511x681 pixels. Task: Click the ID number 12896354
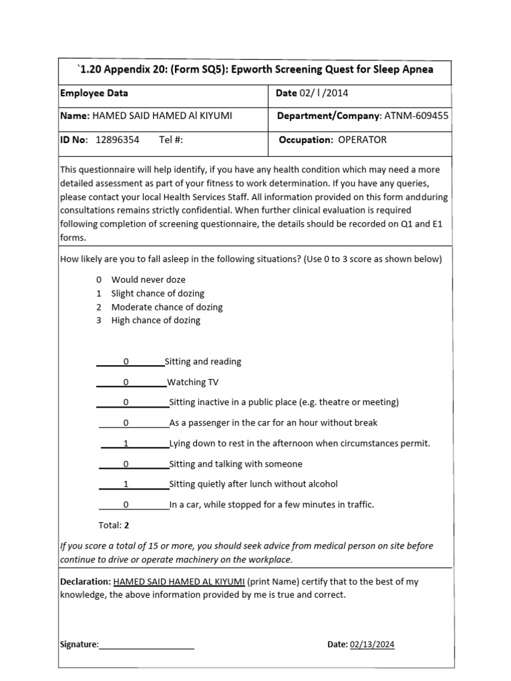[x=118, y=140]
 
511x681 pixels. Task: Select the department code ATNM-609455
[x=415, y=116]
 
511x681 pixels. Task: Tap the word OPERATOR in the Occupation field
[x=362, y=140]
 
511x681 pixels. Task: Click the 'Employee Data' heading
[x=94, y=93]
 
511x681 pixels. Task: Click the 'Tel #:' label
[x=171, y=140]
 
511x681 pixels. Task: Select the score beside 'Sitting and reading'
[x=126, y=362]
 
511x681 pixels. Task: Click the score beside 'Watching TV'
[x=126, y=382]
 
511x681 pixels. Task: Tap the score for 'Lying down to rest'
[x=126, y=444]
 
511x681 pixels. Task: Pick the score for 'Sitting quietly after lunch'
[x=126, y=484]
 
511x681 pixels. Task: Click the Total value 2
[x=126, y=525]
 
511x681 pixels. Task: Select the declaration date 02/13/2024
[x=371, y=644]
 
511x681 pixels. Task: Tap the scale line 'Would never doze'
[x=148, y=279]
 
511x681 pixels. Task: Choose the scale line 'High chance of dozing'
[x=156, y=320]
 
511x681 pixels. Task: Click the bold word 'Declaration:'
[x=85, y=581]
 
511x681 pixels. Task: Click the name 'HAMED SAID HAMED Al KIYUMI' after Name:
[x=162, y=116]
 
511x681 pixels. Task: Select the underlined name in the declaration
[x=179, y=581]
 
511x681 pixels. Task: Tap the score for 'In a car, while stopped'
[x=126, y=505]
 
